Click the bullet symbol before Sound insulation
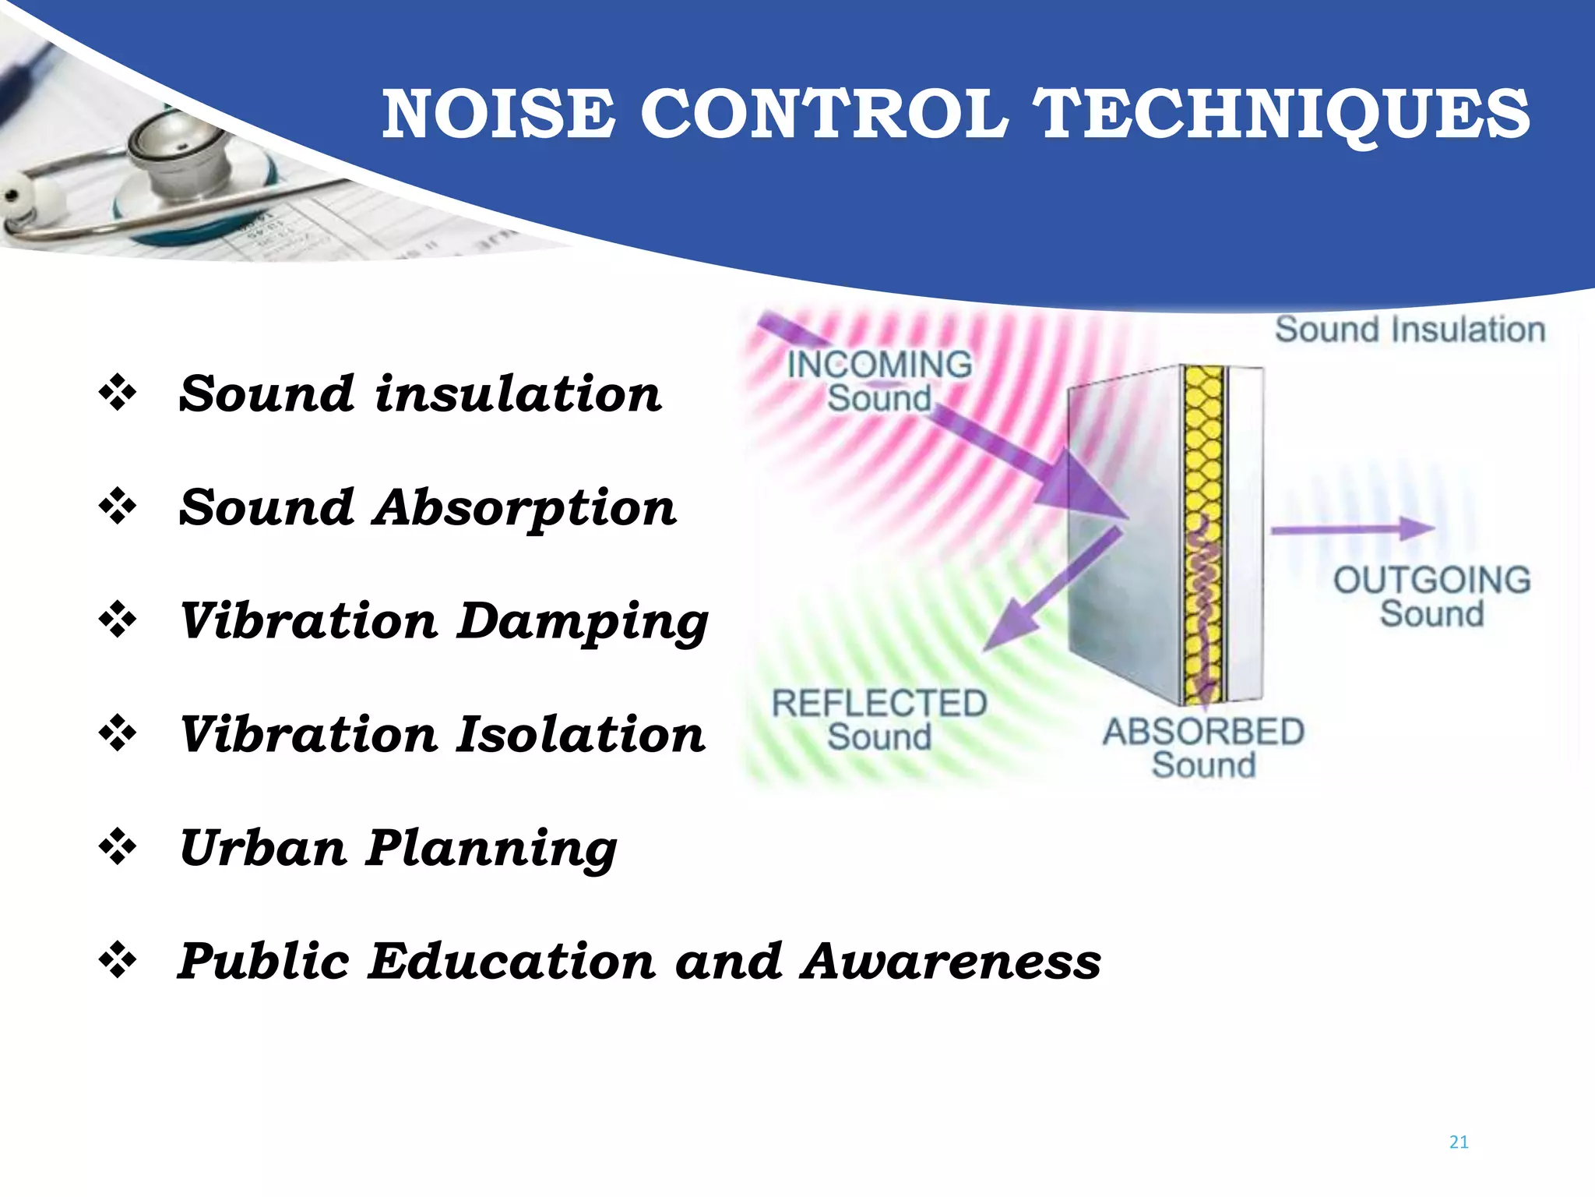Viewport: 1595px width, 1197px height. (118, 393)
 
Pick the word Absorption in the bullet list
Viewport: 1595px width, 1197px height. (525, 508)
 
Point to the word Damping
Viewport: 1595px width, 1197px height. (583, 623)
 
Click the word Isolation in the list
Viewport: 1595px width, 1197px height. (580, 735)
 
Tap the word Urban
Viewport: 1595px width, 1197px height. (262, 848)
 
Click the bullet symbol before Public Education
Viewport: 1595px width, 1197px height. (118, 962)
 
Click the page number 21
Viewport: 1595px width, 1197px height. (1459, 1142)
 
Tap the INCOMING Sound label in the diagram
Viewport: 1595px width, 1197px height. (879, 381)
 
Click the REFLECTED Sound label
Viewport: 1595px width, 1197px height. (879, 720)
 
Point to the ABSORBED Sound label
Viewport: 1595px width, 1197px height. (1203, 748)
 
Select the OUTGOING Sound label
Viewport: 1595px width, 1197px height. (1431, 597)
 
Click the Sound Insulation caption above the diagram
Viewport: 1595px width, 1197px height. (1410, 330)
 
